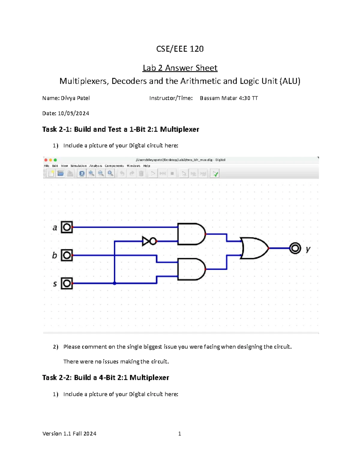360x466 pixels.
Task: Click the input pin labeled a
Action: tap(67, 227)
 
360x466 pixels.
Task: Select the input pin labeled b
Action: tap(67, 255)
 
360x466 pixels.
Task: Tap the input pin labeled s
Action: tap(67, 283)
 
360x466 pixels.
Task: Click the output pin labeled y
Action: tap(295, 248)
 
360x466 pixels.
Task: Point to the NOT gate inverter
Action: tap(149, 241)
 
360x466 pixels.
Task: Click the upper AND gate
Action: tap(191, 234)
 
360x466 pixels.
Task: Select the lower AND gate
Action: tap(191, 269)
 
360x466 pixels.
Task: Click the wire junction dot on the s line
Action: tap(115, 283)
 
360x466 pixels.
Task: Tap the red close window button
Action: tap(46, 160)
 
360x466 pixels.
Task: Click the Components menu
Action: tap(114, 166)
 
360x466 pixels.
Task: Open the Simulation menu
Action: tap(79, 166)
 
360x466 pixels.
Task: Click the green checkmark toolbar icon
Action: tap(215, 174)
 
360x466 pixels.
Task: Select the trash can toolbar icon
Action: tap(141, 173)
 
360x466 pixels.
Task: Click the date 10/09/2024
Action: tap(73, 113)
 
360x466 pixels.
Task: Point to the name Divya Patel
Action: tap(75, 98)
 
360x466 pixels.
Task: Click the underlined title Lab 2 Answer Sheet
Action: tap(180, 68)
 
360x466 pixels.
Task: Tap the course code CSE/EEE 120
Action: tap(180, 49)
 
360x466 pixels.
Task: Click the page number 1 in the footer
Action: tap(180, 434)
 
